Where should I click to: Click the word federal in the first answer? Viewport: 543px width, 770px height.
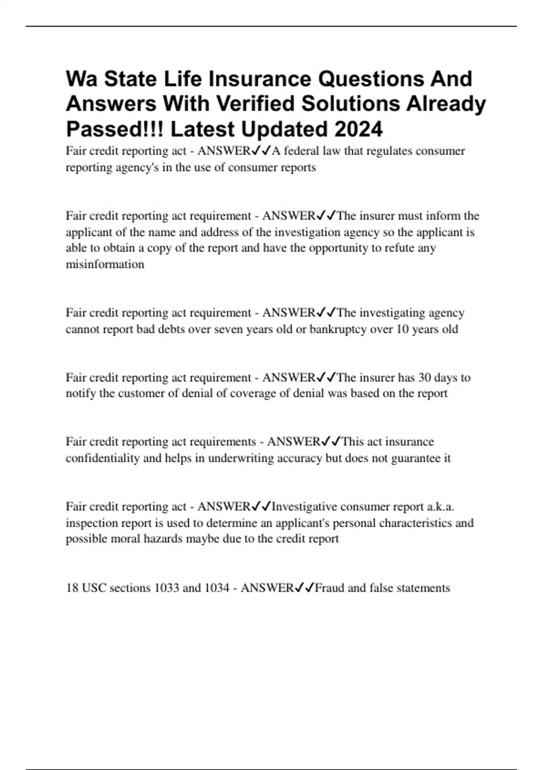301,151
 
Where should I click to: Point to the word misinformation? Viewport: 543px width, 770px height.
105,265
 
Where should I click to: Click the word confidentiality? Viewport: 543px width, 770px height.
103,458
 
